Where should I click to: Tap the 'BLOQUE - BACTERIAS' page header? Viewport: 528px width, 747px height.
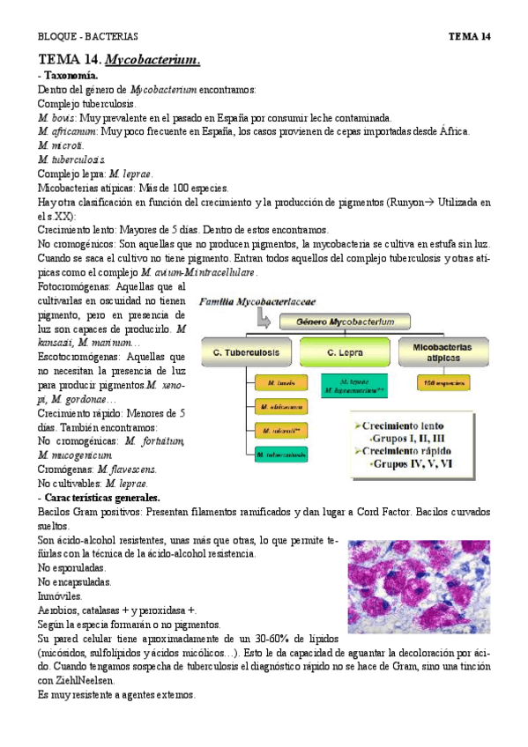87,37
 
